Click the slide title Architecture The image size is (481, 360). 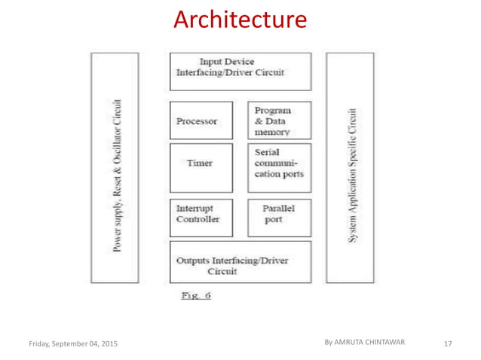[x=240, y=20]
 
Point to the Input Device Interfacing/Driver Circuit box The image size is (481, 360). [x=240, y=70]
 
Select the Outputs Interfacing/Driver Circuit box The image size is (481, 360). [x=240, y=261]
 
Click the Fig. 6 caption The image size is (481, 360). [x=195, y=295]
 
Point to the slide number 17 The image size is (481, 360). [x=448, y=343]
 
